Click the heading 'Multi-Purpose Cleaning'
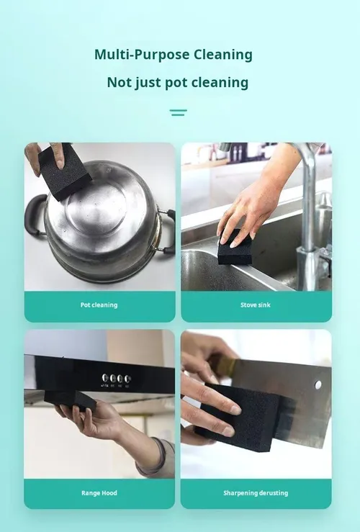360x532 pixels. [174, 55]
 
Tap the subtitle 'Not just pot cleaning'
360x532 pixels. [177, 83]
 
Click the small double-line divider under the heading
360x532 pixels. [179, 112]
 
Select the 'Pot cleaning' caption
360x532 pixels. [99, 305]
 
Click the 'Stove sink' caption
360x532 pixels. [256, 305]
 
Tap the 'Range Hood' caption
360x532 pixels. [99, 493]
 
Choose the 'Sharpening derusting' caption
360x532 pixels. [256, 493]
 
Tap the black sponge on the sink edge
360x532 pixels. [235, 248]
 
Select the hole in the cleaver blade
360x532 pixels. [318, 384]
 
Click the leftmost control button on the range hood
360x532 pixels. [105, 378]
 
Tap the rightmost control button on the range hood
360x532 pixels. [127, 379]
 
